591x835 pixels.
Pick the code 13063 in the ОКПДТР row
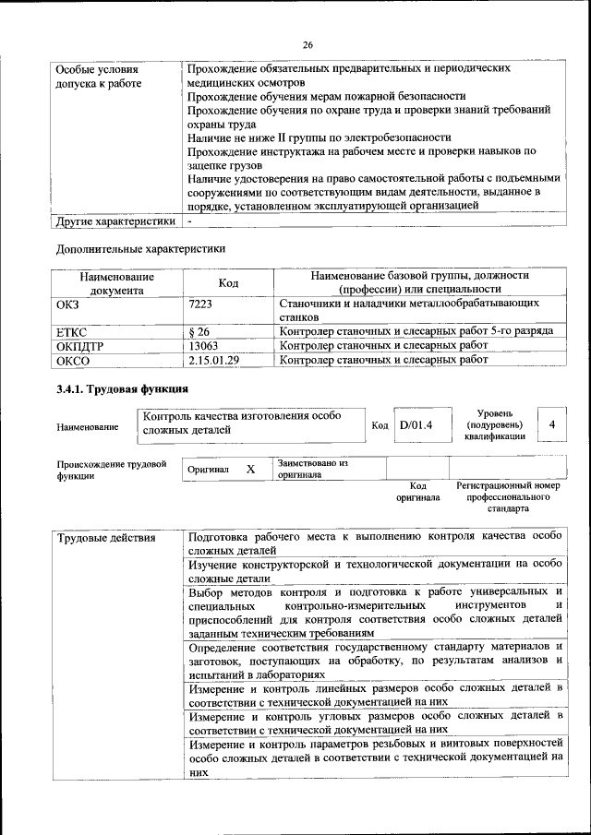pyautogui.click(x=204, y=345)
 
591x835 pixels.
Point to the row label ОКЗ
pyautogui.click(x=69, y=303)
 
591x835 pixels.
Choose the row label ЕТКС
pyautogui.click(x=72, y=330)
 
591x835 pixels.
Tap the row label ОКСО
pyautogui.click(x=73, y=360)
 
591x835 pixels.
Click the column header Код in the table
pyautogui.click(x=228, y=282)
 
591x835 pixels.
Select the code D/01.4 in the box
pyautogui.click(x=416, y=424)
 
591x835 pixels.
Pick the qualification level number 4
pyautogui.click(x=551, y=424)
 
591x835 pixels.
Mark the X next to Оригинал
pyautogui.click(x=250, y=469)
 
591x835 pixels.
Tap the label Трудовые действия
pyautogui.click(x=103, y=538)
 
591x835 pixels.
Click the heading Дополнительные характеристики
pyautogui.click(x=140, y=248)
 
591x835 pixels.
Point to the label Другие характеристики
pyautogui.click(x=115, y=221)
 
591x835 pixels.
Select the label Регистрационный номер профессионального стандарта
pyautogui.click(x=509, y=496)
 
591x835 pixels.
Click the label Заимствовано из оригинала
pyautogui.click(x=313, y=469)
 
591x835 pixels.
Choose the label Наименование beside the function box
pyautogui.click(x=88, y=427)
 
